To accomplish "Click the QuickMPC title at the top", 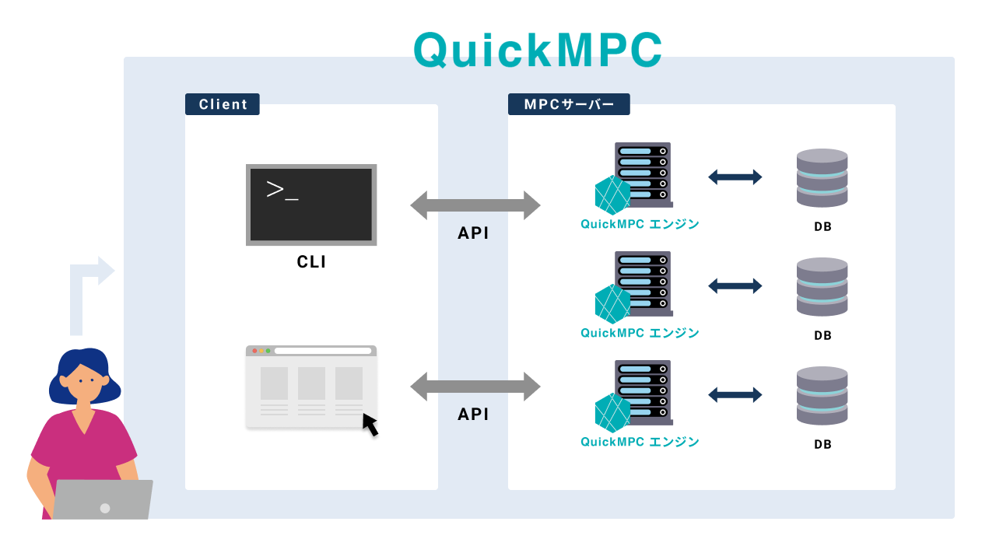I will [x=538, y=51].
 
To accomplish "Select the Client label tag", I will [x=223, y=104].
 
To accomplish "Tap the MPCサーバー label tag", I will [x=569, y=104].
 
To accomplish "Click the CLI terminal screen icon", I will [x=311, y=205].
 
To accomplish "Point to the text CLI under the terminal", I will [x=311, y=262].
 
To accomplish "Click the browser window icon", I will [x=311, y=387].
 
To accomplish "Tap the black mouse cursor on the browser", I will [x=370, y=425].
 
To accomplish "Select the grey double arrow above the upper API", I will [x=475, y=205].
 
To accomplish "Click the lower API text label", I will [x=473, y=414].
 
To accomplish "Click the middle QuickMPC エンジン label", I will [x=640, y=333].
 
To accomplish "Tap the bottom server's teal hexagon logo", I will [x=612, y=413].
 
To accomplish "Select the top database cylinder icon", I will [x=822, y=178].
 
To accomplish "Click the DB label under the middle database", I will [x=822, y=336].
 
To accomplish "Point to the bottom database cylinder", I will [x=822, y=396].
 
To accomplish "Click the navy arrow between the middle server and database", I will [x=735, y=286].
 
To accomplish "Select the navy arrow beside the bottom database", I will [x=735, y=395].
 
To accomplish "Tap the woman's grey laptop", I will [x=103, y=499].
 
